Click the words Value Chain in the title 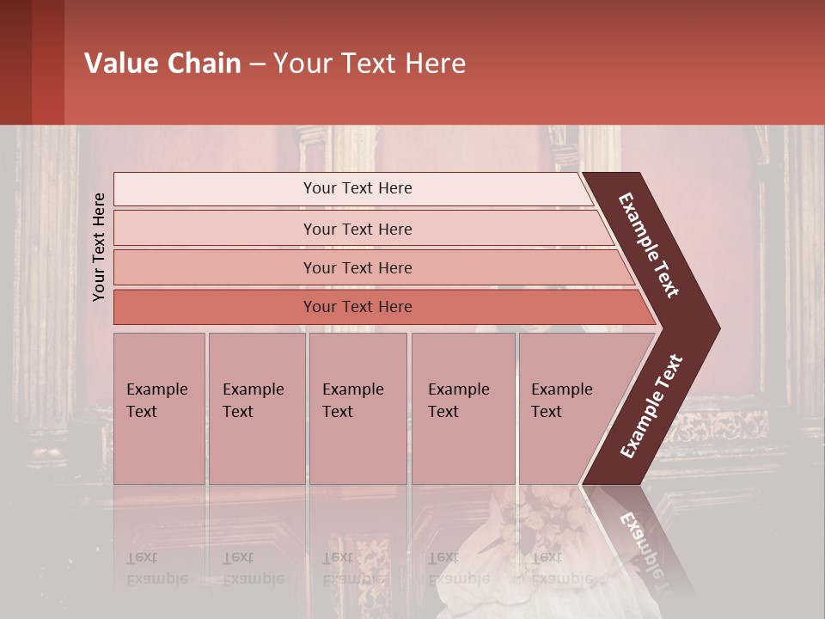162,64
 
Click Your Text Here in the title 370,64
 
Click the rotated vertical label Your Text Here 99,247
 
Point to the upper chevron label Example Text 649,245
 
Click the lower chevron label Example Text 651,406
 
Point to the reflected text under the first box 156,568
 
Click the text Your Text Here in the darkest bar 357,307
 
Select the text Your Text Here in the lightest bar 357,188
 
